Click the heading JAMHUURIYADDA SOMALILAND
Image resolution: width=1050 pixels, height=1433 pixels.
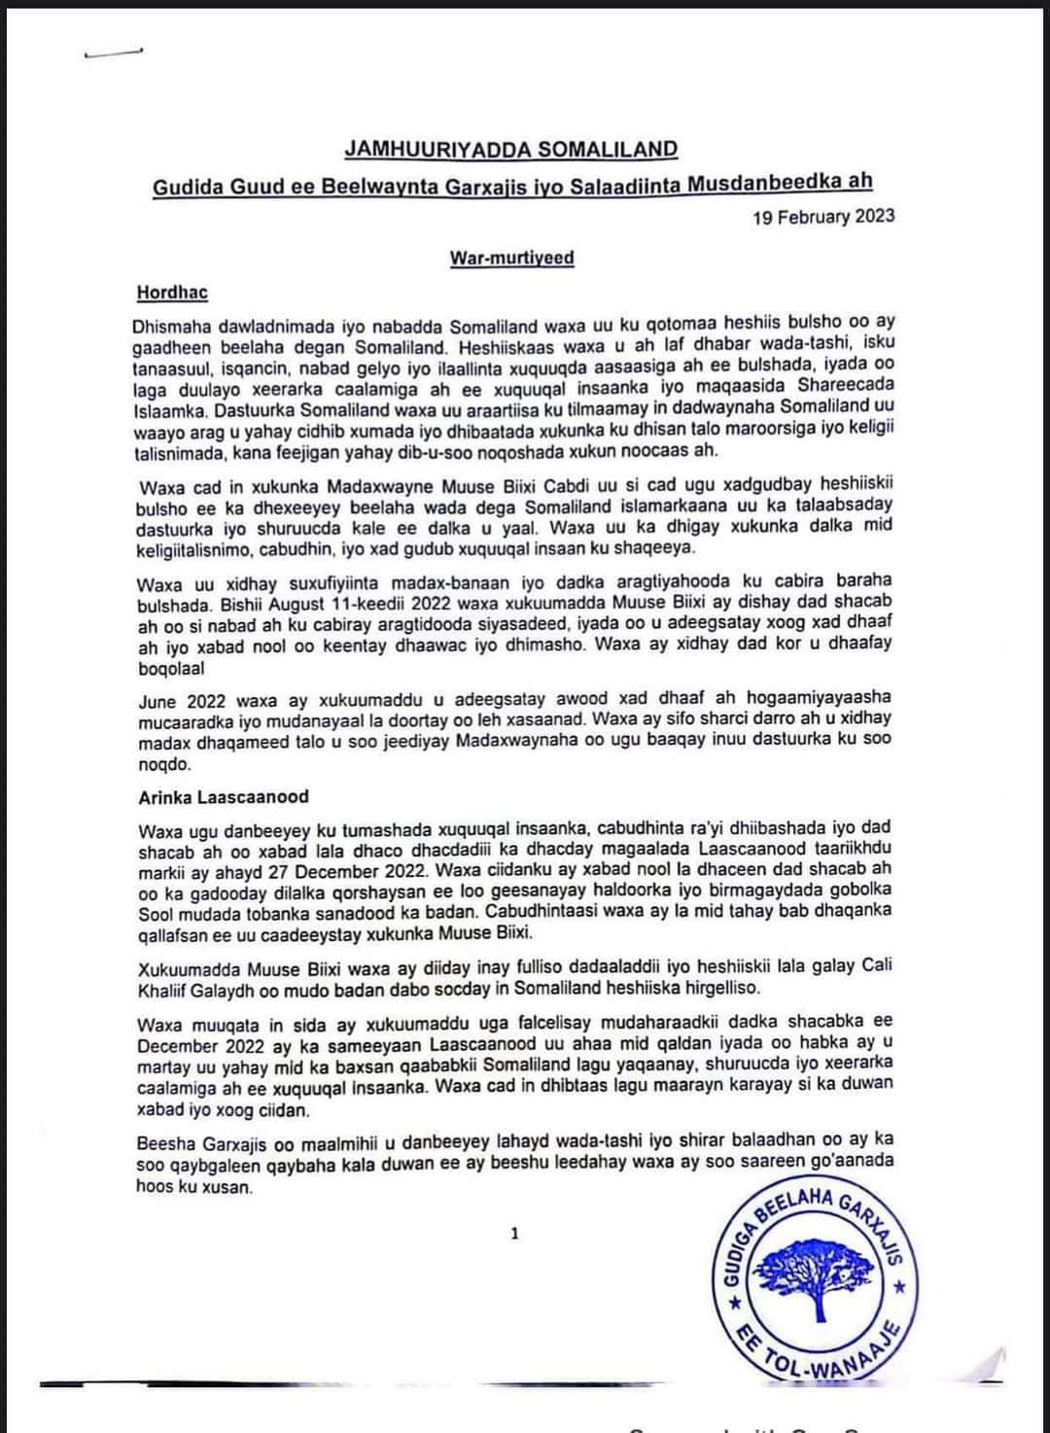point(510,149)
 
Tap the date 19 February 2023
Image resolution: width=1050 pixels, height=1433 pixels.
point(823,216)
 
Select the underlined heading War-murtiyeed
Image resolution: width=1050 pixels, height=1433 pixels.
point(511,258)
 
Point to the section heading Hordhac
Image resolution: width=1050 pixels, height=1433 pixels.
point(172,292)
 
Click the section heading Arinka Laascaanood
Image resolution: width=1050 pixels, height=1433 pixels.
point(223,796)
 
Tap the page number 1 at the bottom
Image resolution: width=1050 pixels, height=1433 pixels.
point(514,1234)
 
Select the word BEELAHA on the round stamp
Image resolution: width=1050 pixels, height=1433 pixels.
point(792,1205)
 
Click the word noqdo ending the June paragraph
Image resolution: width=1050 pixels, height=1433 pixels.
point(164,764)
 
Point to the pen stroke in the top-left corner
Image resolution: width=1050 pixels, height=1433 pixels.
point(115,53)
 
